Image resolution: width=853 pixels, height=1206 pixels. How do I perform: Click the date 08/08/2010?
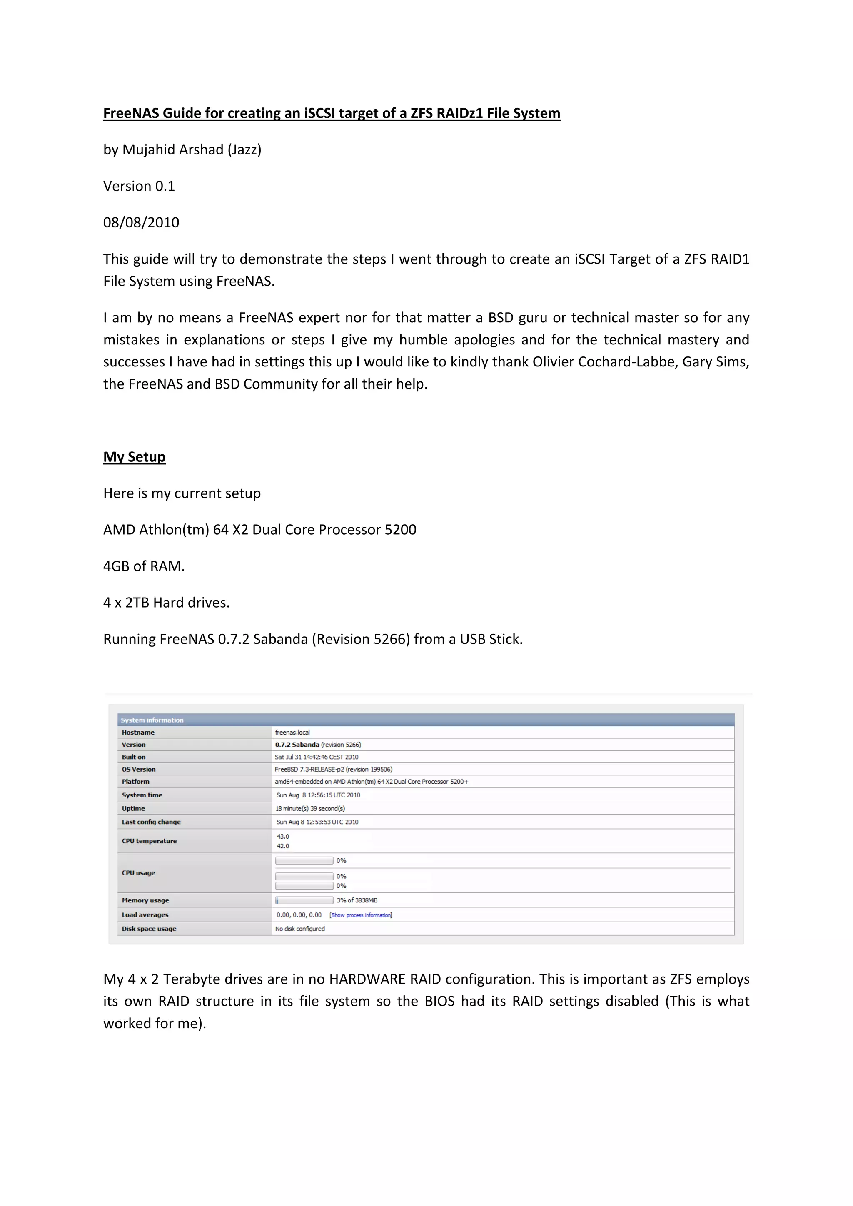141,223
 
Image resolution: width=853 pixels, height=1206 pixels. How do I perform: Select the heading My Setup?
134,457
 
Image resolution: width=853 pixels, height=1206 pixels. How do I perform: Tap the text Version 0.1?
139,187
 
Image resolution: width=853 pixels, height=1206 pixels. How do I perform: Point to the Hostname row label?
138,732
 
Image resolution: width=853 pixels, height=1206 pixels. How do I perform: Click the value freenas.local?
292,732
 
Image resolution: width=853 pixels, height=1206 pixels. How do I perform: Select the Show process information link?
360,915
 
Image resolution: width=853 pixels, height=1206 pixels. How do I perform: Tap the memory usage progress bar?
304,900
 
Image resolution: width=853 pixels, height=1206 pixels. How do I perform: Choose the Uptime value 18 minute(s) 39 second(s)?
310,808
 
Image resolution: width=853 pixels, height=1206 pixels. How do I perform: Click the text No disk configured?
300,929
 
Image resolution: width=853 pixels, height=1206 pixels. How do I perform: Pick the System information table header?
152,720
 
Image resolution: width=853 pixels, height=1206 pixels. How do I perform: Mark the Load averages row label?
145,914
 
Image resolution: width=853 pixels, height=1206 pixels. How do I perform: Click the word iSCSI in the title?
319,113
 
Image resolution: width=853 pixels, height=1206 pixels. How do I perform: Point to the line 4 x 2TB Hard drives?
167,603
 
